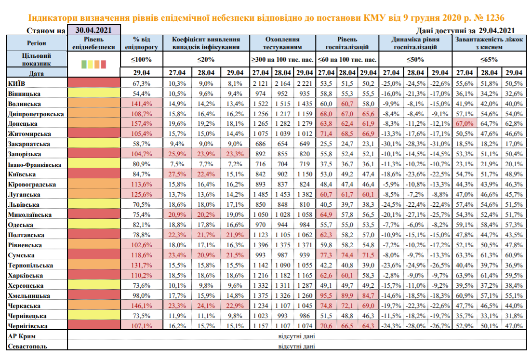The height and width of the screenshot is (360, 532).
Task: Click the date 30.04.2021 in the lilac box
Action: pyautogui.click(x=93, y=30)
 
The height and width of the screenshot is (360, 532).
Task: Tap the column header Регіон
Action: pyautogui.click(x=36, y=43)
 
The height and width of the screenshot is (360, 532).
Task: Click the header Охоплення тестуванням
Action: pyautogui.click(x=282, y=43)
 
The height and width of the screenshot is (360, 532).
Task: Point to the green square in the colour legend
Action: pyautogui.click(x=84, y=64)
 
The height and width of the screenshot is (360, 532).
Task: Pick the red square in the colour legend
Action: pyautogui.click(x=103, y=64)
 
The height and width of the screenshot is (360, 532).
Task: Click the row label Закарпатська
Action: pyautogui.click(x=29, y=144)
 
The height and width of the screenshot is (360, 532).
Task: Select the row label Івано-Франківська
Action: pyautogui.click(x=34, y=164)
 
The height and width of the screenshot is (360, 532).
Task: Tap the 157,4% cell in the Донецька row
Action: pyautogui.click(x=142, y=124)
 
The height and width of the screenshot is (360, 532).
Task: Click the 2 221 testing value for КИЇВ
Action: pyautogui.click(x=305, y=83)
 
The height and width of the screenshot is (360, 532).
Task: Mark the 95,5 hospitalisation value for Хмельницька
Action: pyautogui.click(x=326, y=295)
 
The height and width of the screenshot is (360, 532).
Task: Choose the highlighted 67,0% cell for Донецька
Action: pyautogui.click(x=464, y=124)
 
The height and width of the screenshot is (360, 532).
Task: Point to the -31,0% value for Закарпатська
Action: pyautogui.click(x=439, y=144)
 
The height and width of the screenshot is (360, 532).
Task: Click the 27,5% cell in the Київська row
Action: pyautogui.click(x=177, y=174)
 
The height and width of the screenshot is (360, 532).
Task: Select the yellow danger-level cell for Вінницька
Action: pyautogui.click(x=94, y=93)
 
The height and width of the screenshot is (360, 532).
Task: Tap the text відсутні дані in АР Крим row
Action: pyautogui.click(x=296, y=336)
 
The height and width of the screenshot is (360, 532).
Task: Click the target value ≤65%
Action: pyautogui.click(x=489, y=59)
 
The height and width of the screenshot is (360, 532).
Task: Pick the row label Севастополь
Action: pyautogui.click(x=27, y=347)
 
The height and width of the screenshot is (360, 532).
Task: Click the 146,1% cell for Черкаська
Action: pyautogui.click(x=142, y=306)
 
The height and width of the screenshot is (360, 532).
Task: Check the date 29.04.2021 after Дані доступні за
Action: pyautogui.click(x=497, y=30)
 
